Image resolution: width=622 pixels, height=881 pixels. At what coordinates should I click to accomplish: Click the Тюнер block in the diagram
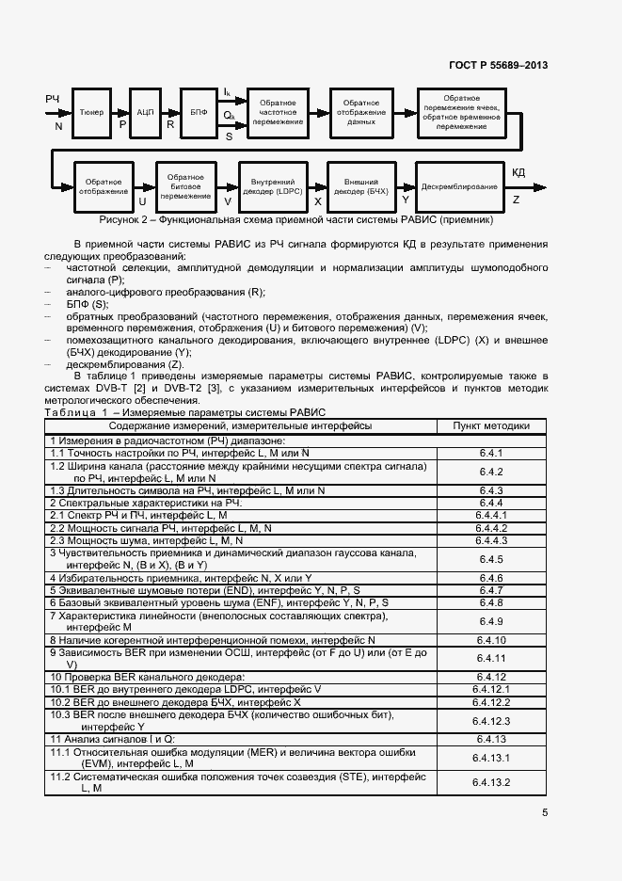point(92,111)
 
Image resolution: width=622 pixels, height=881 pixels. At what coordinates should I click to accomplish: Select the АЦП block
point(145,111)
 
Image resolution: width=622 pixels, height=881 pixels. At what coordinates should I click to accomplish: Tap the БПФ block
point(199,111)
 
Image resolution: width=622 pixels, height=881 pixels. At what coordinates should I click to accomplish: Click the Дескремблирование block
point(459,186)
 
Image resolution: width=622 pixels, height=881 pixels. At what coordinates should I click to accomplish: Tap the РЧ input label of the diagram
point(53,99)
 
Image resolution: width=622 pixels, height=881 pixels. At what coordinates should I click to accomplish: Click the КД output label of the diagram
point(518,172)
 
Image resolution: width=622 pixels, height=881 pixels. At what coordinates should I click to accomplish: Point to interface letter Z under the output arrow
point(516,200)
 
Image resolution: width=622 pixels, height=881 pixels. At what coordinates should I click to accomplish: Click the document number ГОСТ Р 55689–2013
point(498,65)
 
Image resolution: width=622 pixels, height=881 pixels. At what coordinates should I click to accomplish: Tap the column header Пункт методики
point(491,425)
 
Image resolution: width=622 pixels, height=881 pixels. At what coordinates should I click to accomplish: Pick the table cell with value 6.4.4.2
point(491,528)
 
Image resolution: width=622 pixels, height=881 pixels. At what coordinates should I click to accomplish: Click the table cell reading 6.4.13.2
point(491,782)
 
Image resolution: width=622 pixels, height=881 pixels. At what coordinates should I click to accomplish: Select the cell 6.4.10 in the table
point(491,639)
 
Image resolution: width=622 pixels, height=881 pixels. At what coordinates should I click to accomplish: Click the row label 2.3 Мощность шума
point(148,540)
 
